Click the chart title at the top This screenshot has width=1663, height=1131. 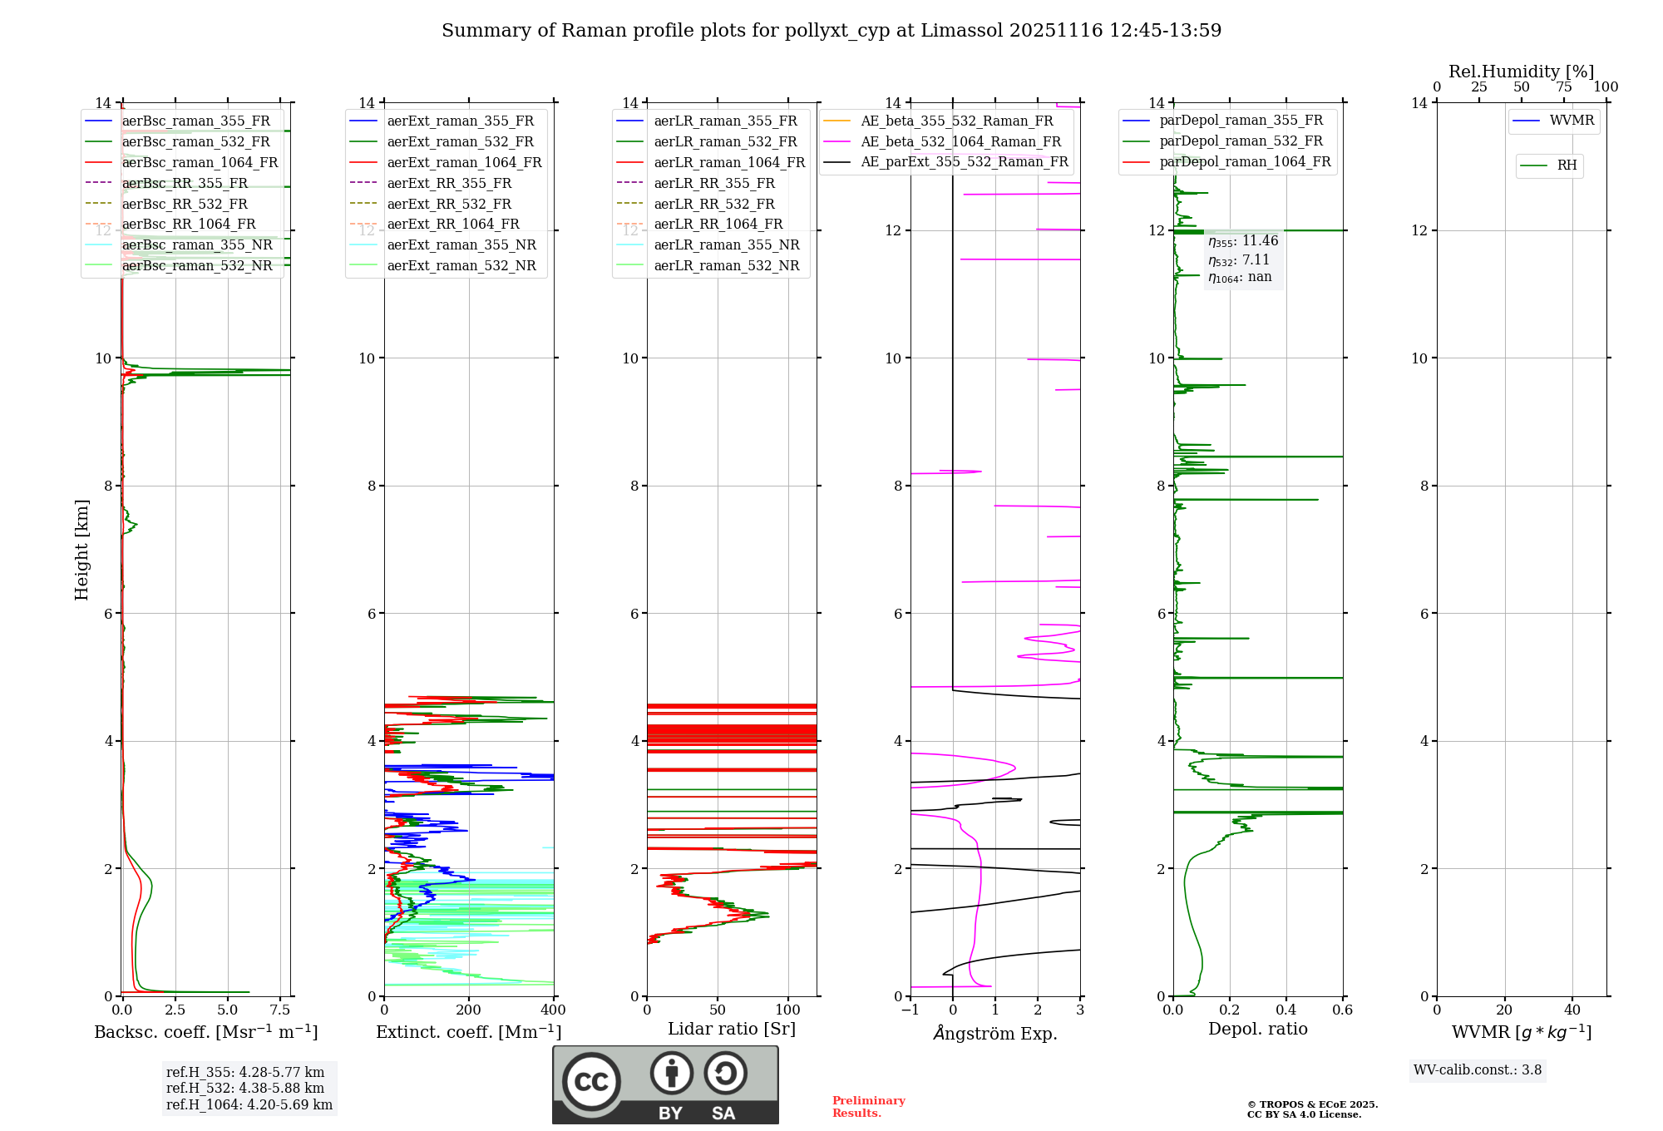pos(831,31)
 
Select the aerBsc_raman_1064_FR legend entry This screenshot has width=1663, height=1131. pos(200,163)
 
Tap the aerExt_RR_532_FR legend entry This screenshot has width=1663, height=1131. pos(449,204)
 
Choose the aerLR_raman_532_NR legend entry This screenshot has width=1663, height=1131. pos(726,266)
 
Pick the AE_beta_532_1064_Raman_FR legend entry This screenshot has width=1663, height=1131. pos(960,142)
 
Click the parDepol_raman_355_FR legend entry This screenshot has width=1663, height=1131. pos(1241,121)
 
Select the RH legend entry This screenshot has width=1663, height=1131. pos(1567,165)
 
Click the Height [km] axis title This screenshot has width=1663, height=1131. pos(81,550)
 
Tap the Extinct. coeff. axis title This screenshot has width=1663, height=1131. pos(468,1032)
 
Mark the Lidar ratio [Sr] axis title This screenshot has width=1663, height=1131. pos(732,1030)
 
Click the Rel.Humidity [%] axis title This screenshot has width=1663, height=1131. pos(1521,72)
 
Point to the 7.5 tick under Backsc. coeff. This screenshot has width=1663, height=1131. pos(280,1010)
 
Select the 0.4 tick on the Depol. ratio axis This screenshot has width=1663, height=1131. pos(1286,1010)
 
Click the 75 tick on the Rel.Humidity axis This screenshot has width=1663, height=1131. pos(1563,87)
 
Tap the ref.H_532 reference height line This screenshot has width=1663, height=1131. pos(245,1089)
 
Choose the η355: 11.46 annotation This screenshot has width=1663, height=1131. pos(1243,241)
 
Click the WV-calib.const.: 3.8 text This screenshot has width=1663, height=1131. pos(1478,1070)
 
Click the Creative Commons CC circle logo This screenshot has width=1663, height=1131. pos(591,1081)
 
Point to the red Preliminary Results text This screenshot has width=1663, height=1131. pos(868,1107)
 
